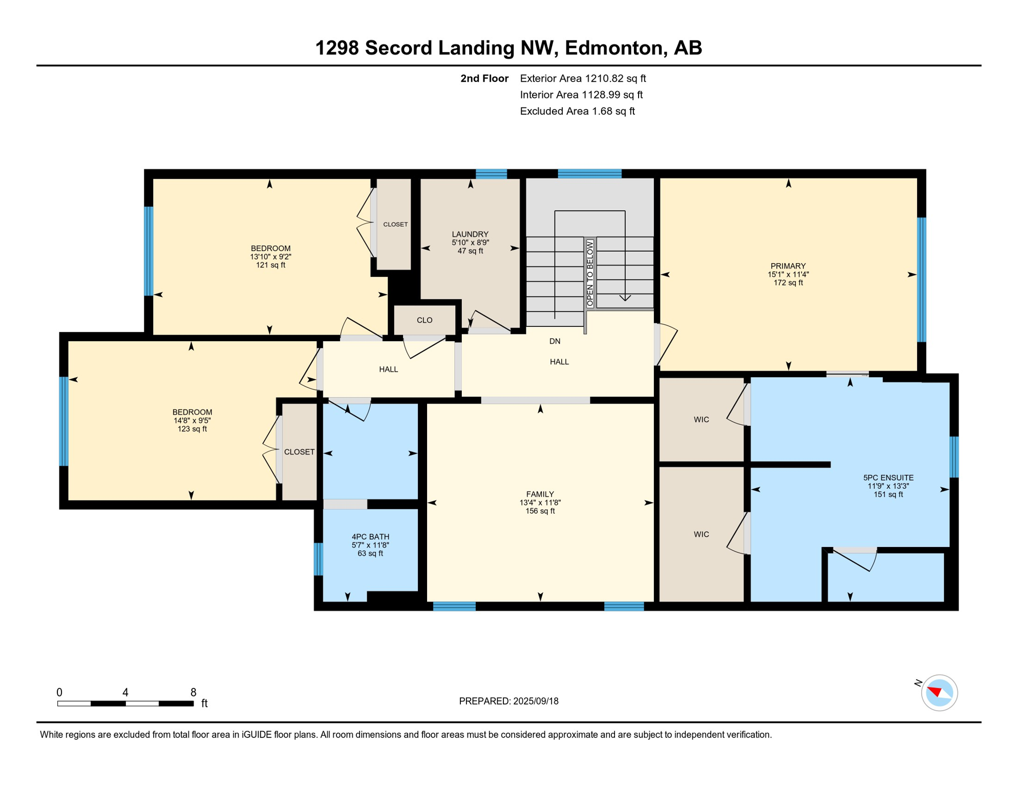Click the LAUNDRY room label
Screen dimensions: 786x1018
click(x=470, y=234)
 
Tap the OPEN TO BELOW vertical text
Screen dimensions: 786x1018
click(x=590, y=274)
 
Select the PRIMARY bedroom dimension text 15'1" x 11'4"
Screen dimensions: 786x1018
click(x=788, y=274)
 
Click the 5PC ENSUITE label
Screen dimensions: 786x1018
click(x=888, y=477)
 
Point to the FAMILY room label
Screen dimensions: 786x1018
click(x=540, y=494)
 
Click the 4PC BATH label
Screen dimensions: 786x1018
click(x=370, y=536)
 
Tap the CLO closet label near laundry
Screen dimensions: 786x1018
click(x=425, y=320)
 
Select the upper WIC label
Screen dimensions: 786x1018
click(x=701, y=420)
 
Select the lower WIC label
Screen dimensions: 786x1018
click(x=701, y=534)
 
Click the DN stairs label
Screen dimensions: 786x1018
click(x=555, y=341)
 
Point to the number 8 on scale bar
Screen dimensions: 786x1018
click(x=193, y=692)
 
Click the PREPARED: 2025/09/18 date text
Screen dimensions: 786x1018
click(x=508, y=701)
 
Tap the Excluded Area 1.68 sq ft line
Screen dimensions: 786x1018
click(x=577, y=111)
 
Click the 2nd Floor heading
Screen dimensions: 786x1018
click(x=484, y=78)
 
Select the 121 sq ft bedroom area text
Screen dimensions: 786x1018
click(x=270, y=265)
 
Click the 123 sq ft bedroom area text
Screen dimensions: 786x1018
click(x=192, y=429)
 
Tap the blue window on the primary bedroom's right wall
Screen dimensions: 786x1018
click(x=921, y=279)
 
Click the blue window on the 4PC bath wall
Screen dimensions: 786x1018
click(x=318, y=559)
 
